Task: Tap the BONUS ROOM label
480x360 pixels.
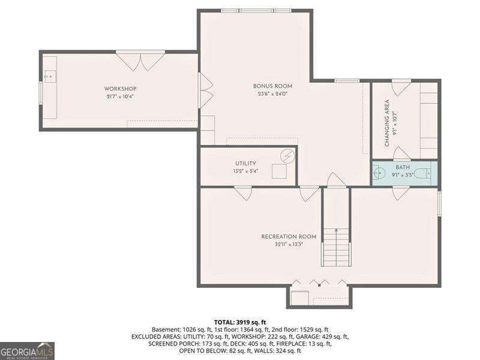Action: pos(272,86)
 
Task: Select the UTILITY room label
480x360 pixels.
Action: pos(245,163)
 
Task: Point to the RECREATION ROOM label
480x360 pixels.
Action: pos(289,236)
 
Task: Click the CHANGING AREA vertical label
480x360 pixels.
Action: pos(387,123)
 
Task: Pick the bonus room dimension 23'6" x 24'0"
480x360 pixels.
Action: pos(272,93)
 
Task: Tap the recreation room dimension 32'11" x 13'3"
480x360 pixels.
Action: pos(289,244)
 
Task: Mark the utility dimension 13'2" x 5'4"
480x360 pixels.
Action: pos(245,171)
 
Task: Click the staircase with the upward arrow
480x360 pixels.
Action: pos(336,246)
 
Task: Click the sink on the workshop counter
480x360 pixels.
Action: pos(49,77)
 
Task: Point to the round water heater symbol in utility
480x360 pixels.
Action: pos(288,155)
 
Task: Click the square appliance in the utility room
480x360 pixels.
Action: pos(279,171)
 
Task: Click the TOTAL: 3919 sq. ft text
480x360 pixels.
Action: pos(240,322)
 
